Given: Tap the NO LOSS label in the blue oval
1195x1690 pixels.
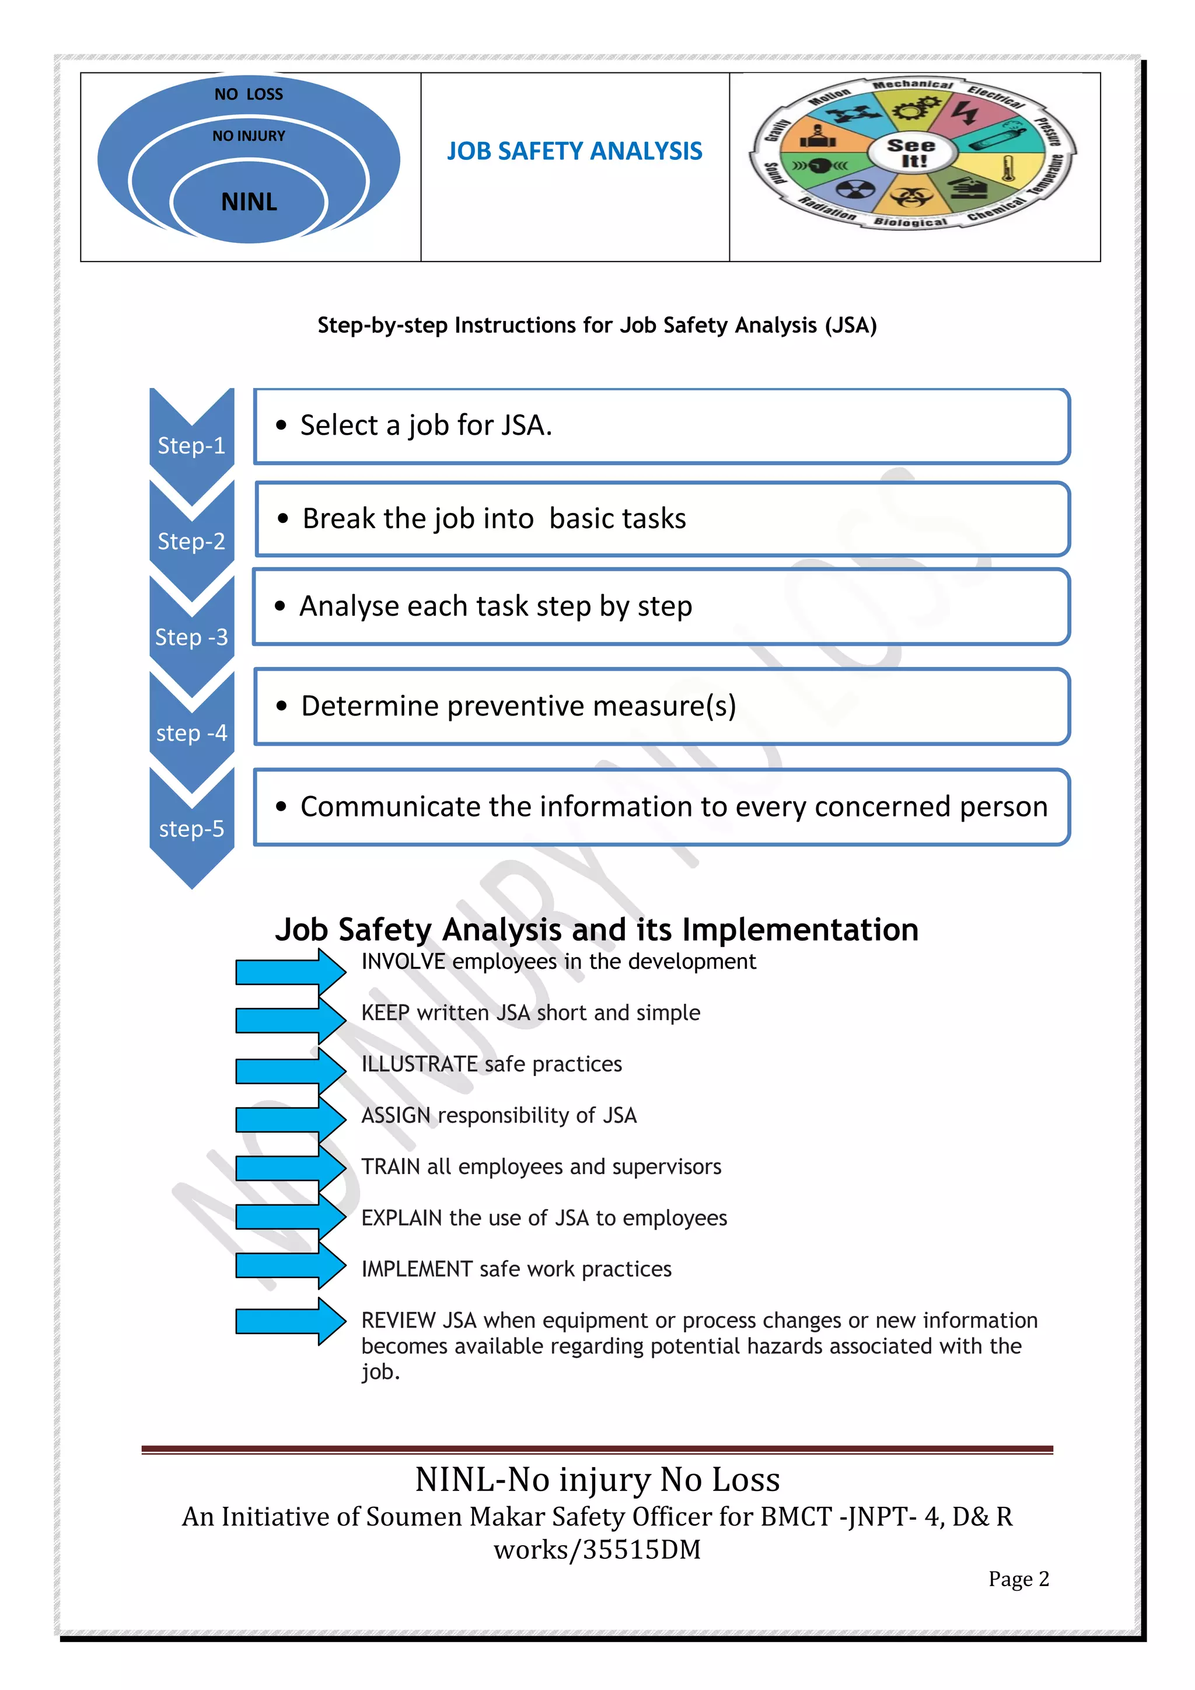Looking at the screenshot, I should click(249, 94).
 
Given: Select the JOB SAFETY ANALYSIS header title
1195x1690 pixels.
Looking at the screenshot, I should click(574, 152).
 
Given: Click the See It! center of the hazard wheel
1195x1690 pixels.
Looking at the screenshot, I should click(911, 153).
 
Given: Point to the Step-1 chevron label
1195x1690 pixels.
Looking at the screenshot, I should click(191, 445).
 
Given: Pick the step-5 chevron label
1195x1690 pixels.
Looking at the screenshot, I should click(191, 829).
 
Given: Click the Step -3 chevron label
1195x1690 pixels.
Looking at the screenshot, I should click(191, 637).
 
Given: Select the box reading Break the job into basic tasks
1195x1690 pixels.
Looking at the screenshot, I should click(662, 519).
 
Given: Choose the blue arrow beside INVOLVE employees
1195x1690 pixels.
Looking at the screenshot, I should click(290, 972).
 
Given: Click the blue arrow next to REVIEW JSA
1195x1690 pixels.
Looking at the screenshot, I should click(290, 1321).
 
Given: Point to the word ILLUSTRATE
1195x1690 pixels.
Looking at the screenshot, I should click(420, 1064).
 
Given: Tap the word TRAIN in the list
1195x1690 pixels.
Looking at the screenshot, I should click(390, 1167).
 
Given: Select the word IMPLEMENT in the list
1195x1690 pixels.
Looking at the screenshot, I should click(417, 1269).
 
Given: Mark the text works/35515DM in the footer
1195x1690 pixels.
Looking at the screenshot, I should click(597, 1549).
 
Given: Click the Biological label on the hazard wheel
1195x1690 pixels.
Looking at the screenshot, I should click(910, 222).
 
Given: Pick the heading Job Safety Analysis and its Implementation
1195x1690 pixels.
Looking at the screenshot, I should click(597, 930).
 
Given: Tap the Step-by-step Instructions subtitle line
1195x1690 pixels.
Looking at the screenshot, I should click(597, 326).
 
